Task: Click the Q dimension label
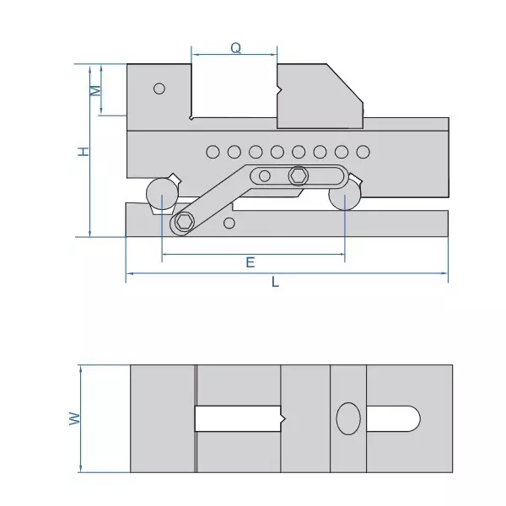coord(236,49)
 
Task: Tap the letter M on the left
coord(96,89)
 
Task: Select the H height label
coord(83,151)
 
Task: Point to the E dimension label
coord(250,262)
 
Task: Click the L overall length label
coord(276,283)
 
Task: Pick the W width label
coord(73,418)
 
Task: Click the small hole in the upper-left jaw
coord(159,89)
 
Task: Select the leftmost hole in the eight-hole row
coord(213,152)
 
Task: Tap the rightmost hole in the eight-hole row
coord(363,152)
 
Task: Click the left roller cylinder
coord(159,194)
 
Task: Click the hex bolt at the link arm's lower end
coord(185,223)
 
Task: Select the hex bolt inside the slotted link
coord(298,175)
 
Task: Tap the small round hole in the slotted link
coord(265,175)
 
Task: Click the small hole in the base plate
coord(229,223)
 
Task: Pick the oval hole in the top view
coord(348,418)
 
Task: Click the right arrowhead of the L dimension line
coord(444,273)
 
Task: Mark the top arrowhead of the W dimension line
coord(79,368)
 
